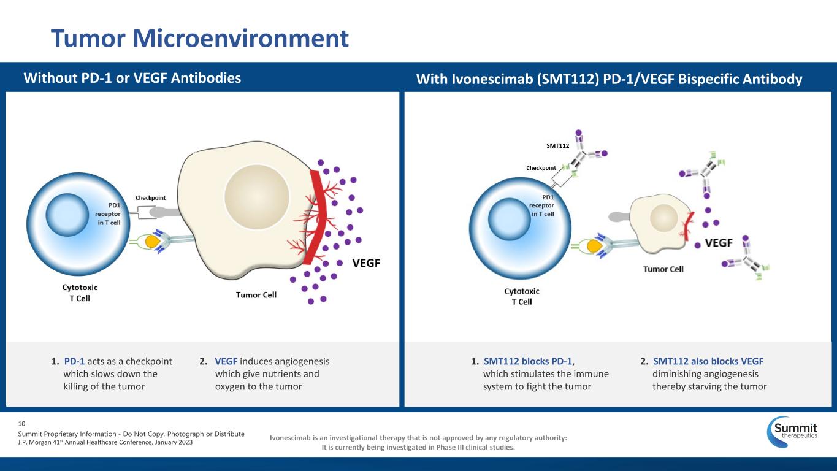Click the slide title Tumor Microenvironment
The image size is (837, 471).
pos(200,38)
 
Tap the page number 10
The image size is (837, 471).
pos(22,423)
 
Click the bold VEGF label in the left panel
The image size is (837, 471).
pos(367,263)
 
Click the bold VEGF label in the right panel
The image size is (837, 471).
pos(719,243)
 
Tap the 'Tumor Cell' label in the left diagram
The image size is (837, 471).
pos(256,295)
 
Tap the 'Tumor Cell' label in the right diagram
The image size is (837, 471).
pos(663,269)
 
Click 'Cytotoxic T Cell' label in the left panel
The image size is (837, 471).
pos(80,293)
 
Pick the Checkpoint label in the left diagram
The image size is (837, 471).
pos(151,197)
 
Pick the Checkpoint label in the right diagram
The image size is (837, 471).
pos(540,167)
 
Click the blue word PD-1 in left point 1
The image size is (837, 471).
pos(74,361)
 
